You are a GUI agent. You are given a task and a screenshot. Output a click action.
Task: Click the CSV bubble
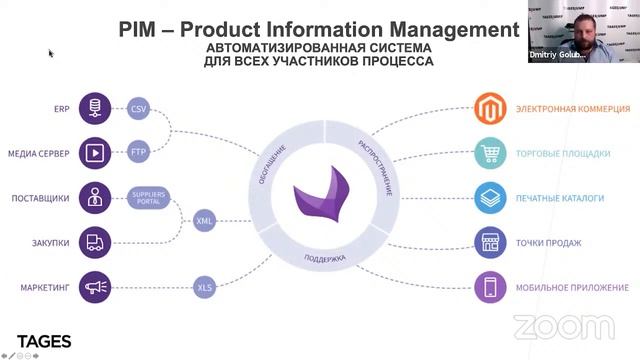point(139,109)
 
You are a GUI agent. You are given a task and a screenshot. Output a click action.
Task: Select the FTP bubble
point(139,153)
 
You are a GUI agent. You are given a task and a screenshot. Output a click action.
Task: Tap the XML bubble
point(205,220)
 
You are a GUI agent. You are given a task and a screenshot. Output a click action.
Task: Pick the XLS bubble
point(205,288)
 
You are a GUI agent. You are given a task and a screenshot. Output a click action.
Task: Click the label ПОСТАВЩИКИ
point(41,198)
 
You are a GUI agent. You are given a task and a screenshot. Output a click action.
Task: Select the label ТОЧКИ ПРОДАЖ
point(549,243)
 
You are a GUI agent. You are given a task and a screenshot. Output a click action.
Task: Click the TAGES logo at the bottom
point(44,342)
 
